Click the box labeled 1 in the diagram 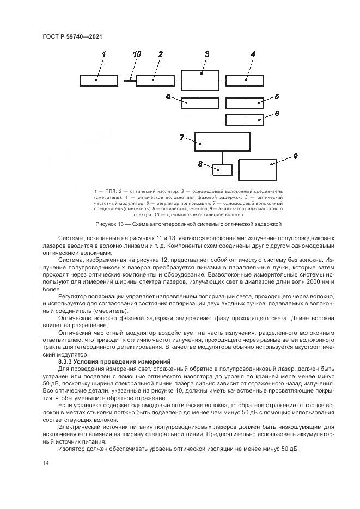click(98, 81)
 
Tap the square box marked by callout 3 click(200, 79)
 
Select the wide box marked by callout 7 click(222, 142)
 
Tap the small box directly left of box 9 click(222, 169)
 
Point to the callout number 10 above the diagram click(137, 54)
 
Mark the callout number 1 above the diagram click(104, 54)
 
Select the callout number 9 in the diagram click(295, 156)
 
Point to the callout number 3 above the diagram click(207, 54)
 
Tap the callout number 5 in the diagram click(277, 96)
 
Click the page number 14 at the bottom click(46, 463)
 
